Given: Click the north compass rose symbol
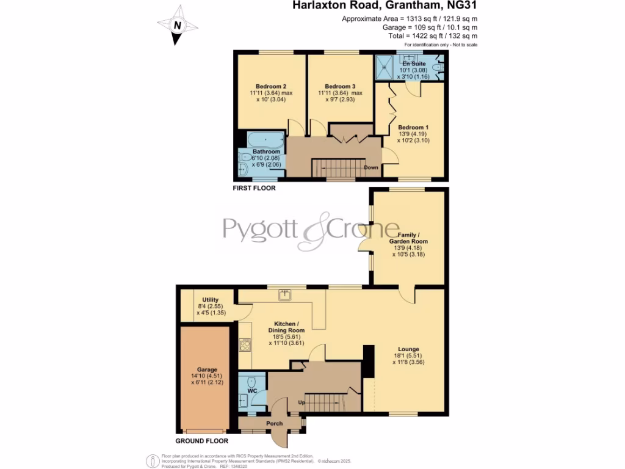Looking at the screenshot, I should click(177, 26).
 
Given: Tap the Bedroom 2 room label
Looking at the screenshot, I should click(269, 86).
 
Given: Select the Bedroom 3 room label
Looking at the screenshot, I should click(340, 86).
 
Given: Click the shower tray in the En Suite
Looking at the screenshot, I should click(385, 67).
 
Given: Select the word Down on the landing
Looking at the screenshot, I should click(371, 167).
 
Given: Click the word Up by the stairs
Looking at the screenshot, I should click(302, 403).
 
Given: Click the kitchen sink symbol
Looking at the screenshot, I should click(285, 296).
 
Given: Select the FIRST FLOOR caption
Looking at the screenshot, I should click(254, 189).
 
